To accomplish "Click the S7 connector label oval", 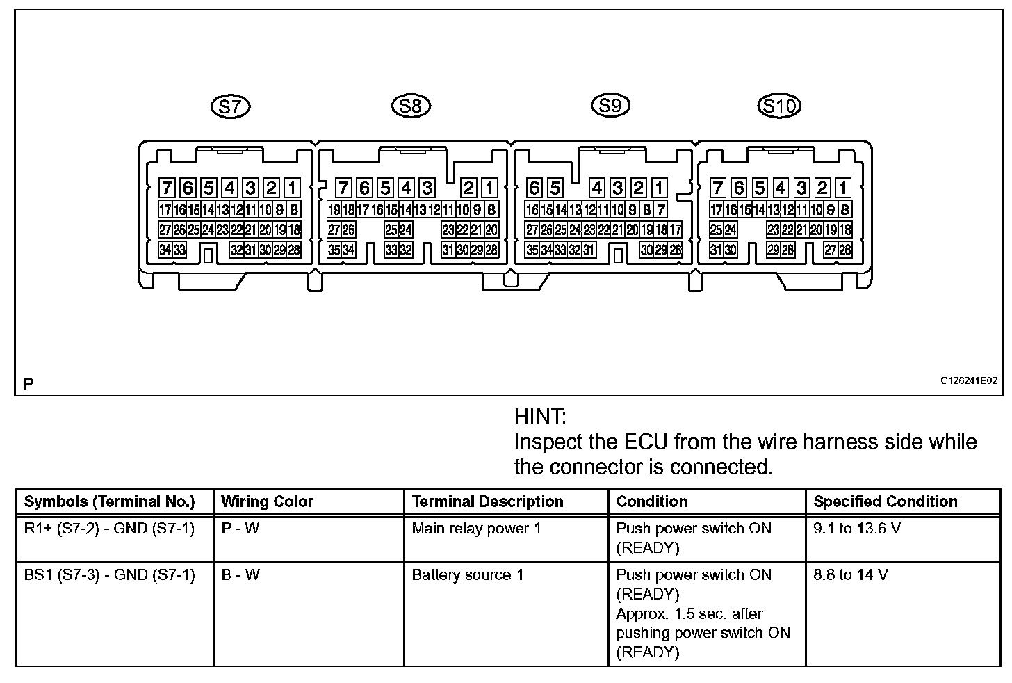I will click(230, 106).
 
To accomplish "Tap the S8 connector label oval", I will click(411, 106).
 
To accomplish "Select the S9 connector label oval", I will click(610, 105).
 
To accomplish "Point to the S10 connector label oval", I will click(778, 106).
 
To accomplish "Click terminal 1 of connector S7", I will click(292, 188).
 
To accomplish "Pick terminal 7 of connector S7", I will click(167, 188).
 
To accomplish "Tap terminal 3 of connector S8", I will click(427, 188).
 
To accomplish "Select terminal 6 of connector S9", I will click(534, 188).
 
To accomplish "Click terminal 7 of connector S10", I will click(718, 188).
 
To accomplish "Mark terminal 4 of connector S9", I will click(596, 188).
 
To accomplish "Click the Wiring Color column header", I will click(267, 501).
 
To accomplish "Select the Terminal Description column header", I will click(487, 501).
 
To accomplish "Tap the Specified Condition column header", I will click(885, 501).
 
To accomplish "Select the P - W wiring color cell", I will click(240, 529).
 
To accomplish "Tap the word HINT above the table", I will click(540, 417).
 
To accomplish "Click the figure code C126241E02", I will click(969, 380).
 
